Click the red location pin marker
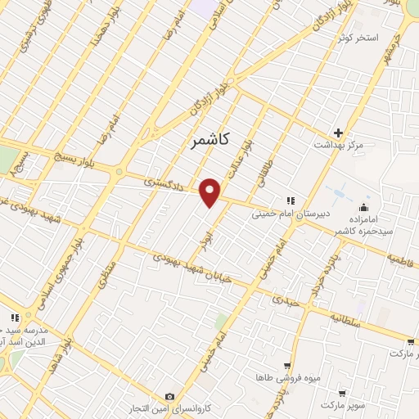[210, 192]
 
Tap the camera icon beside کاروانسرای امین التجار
[169, 396]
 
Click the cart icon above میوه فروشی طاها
[286, 366]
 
